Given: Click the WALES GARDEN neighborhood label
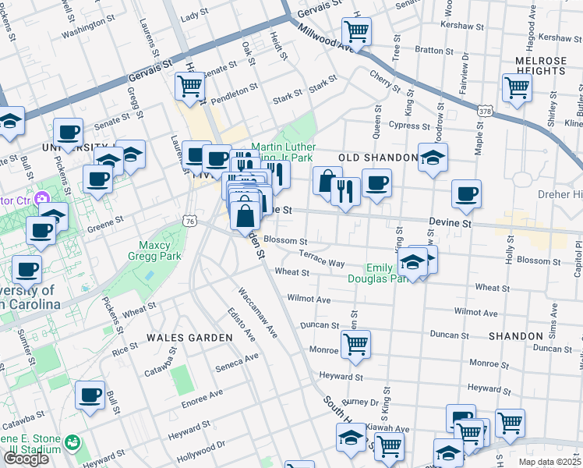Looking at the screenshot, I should click(x=189, y=337).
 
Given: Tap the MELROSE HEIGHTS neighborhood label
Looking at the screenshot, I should click(x=540, y=65).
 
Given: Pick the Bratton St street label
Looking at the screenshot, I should click(x=429, y=49).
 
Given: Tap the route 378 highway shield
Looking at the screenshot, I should click(x=485, y=112).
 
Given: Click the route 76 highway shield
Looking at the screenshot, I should click(x=189, y=222).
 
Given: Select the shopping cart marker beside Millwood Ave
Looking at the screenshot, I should click(x=356, y=31).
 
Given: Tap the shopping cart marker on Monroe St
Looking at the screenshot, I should click(x=355, y=343).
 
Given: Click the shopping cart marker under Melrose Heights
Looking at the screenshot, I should click(x=517, y=87).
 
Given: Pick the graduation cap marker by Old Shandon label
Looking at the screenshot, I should click(x=433, y=158).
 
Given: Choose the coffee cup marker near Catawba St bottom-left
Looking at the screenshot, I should click(x=90, y=395).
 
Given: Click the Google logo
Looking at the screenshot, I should click(x=26, y=459).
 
